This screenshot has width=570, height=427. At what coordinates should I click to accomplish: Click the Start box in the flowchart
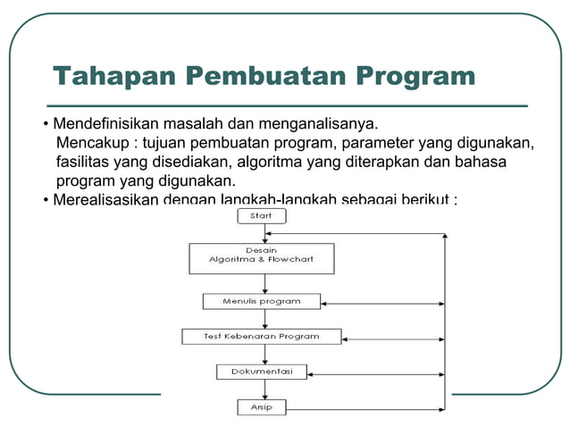pyautogui.click(x=262, y=216)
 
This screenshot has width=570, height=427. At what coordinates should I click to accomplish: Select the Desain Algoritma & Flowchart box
pyautogui.click(x=262, y=258)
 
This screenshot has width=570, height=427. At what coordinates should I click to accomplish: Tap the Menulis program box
pyautogui.click(x=262, y=302)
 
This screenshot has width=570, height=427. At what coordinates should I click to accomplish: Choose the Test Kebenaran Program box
pyautogui.click(x=262, y=337)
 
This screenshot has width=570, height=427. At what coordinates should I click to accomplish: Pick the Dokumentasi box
pyautogui.click(x=262, y=371)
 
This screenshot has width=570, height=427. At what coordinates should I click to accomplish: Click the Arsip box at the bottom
pyautogui.click(x=262, y=407)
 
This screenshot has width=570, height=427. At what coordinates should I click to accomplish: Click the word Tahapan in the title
pyautogui.click(x=113, y=76)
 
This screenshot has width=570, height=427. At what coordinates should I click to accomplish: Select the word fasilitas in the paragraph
pyautogui.click(x=84, y=163)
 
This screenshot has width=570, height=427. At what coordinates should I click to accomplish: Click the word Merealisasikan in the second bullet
pyautogui.click(x=105, y=198)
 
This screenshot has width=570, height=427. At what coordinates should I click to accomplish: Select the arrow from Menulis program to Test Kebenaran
pyautogui.click(x=264, y=320)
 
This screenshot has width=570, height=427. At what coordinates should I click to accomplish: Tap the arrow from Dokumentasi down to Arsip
pyautogui.click(x=264, y=389)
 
